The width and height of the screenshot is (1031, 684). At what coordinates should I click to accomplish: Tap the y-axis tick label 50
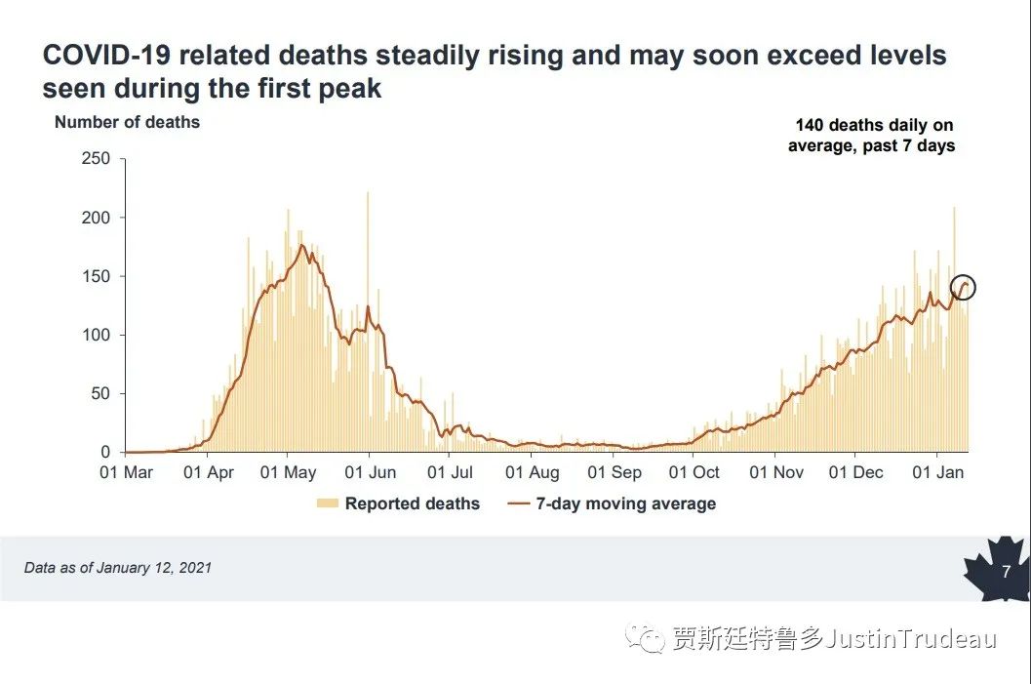(101, 394)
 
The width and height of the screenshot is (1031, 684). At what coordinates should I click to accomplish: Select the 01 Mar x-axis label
(127, 473)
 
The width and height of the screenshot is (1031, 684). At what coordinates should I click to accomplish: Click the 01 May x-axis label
(290, 473)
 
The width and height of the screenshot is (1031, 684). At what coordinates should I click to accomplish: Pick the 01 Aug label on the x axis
(533, 473)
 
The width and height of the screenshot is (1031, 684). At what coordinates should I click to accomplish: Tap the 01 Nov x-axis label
(776, 473)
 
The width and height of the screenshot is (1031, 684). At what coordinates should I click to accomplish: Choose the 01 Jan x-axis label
(937, 473)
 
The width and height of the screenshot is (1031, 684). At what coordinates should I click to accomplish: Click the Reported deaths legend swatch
(328, 503)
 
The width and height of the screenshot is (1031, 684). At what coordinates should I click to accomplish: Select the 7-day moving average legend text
(626, 504)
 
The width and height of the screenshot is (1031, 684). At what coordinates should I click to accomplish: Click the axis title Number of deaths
(127, 123)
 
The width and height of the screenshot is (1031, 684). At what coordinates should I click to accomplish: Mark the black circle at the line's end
(963, 287)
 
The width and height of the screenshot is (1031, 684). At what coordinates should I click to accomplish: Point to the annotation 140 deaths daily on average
(873, 136)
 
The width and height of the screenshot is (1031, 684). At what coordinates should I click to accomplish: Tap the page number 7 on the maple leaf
(1006, 572)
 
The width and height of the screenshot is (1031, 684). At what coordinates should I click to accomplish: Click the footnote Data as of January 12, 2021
(118, 568)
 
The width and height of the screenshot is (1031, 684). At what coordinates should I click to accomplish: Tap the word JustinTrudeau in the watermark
(911, 640)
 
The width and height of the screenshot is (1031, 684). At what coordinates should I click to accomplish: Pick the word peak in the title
(350, 89)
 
